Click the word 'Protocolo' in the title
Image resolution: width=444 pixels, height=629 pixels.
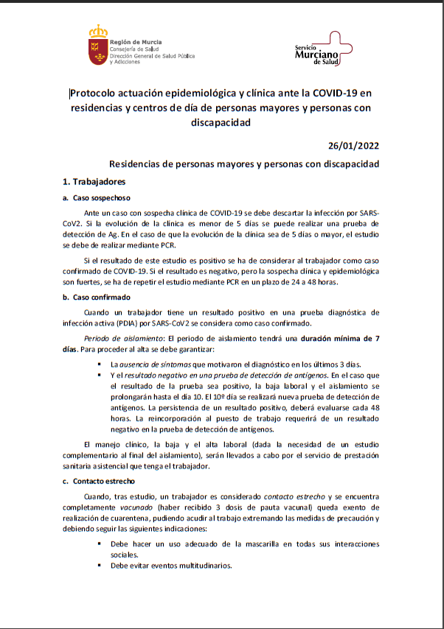[x=96, y=94]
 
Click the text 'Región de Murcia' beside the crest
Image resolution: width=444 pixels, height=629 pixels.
[x=136, y=43]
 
